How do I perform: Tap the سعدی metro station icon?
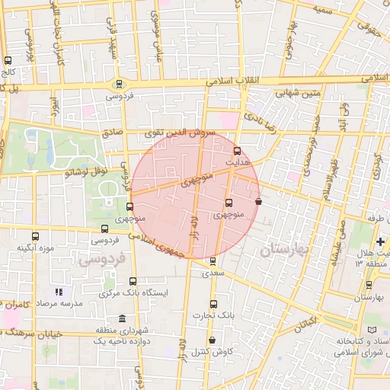click(x=213, y=261)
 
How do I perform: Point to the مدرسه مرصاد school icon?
click(x=58, y=292)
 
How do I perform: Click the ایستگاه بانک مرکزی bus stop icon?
click(x=133, y=281)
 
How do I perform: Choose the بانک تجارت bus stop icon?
click(x=213, y=304)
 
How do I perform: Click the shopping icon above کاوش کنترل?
click(x=211, y=340)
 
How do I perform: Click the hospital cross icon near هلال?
click(x=379, y=242)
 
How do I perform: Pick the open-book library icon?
click(x=372, y=329)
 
